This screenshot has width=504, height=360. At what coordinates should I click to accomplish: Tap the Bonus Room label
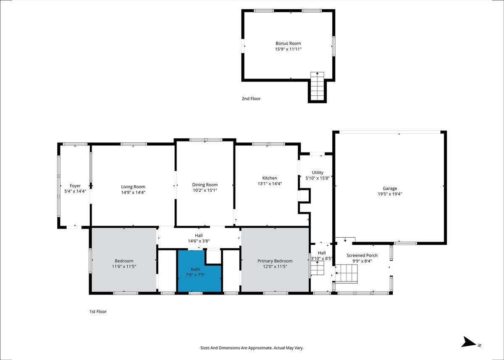click(x=288, y=43)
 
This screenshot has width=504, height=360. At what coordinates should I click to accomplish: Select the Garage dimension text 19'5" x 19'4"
click(x=390, y=194)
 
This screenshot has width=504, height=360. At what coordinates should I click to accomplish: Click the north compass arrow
click(x=469, y=348)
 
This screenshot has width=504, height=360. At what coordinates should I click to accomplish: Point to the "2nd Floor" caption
click(x=251, y=99)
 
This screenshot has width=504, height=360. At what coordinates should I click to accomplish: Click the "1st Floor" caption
click(x=98, y=312)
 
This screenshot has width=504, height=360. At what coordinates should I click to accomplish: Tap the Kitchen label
click(x=270, y=178)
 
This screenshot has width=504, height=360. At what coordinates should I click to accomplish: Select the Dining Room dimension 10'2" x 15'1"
click(x=205, y=190)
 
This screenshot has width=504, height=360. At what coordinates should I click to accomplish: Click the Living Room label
click(x=133, y=187)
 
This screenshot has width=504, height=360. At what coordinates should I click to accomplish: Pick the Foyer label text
click(x=75, y=186)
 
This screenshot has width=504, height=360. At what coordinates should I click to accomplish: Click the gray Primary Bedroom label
click(x=275, y=261)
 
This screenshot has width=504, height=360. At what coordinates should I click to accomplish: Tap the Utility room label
click(x=318, y=173)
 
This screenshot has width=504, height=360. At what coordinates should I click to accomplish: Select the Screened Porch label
click(x=362, y=255)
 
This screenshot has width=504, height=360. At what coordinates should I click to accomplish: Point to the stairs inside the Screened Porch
click(x=346, y=273)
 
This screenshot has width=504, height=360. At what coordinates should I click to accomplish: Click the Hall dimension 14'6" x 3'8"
click(x=199, y=241)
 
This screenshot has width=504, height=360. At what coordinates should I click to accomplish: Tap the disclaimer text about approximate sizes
click(x=252, y=348)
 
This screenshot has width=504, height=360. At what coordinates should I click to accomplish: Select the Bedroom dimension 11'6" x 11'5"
click(x=124, y=267)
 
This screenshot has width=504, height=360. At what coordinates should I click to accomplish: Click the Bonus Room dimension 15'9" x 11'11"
click(x=288, y=49)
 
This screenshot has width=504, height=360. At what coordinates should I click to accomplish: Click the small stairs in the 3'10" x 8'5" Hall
click(x=317, y=268)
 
